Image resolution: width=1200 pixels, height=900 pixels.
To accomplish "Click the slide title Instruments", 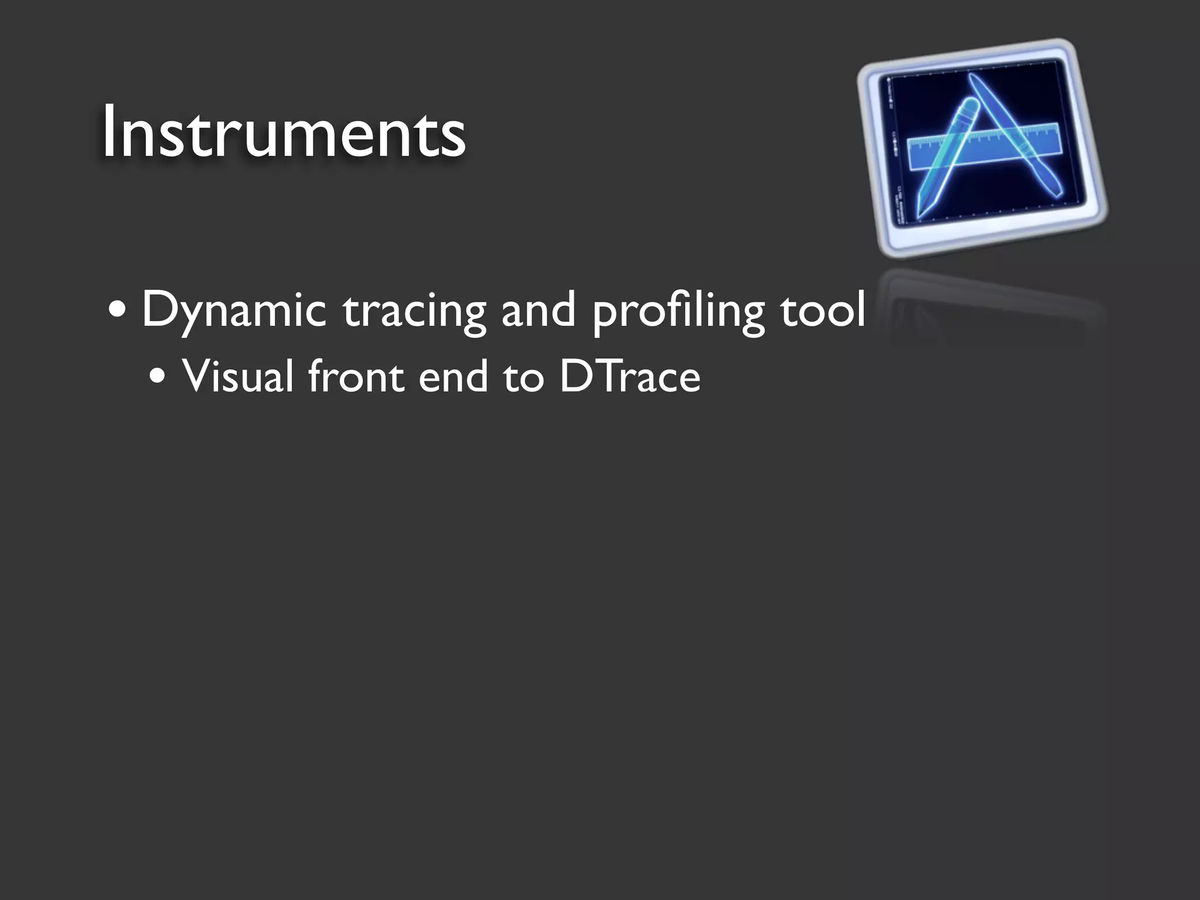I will [284, 132].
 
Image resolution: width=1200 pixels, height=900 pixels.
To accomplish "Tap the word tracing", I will [414, 311].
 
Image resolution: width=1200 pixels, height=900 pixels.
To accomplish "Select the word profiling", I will [678, 311].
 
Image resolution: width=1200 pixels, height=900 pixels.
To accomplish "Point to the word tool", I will [822, 309].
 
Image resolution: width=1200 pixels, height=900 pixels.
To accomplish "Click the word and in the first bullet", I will [538, 309].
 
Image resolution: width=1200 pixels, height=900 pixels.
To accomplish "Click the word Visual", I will [237, 376].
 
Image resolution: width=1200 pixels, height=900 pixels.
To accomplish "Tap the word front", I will [356, 376].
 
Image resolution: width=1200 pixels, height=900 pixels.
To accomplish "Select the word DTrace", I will [630, 376].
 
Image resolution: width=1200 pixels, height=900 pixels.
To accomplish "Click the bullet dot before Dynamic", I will [117, 311].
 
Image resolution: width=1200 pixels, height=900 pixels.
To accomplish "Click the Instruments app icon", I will [981, 149].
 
